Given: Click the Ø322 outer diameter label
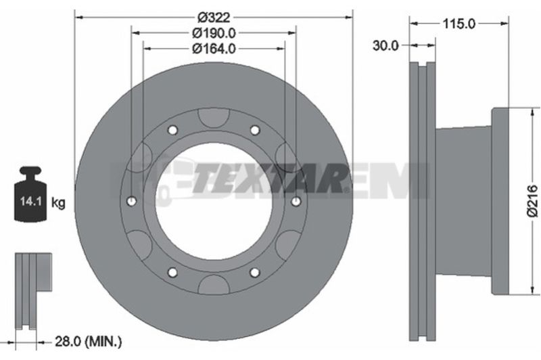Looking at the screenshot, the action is (214, 17).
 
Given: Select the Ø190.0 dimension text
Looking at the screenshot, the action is (214, 33).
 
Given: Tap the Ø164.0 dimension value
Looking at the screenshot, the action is (214, 49).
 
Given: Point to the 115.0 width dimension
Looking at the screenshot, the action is (459, 24).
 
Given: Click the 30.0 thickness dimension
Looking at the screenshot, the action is (385, 45).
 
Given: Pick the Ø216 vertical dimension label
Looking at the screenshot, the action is (532, 201).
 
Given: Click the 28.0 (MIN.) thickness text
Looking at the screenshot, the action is (89, 206).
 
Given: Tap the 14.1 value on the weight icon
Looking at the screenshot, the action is (30, 201).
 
